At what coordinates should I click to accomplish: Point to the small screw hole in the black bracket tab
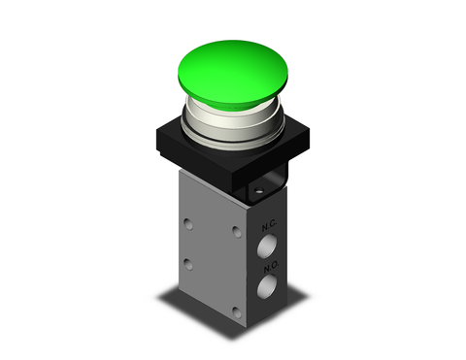pyautogui.click(x=261, y=193)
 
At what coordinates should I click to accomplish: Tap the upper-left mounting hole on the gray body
pyautogui.click(x=187, y=225)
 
